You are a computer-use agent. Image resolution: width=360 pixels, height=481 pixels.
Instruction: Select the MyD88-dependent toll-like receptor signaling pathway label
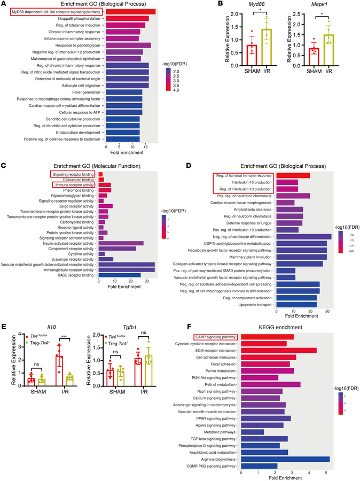pos(56,11)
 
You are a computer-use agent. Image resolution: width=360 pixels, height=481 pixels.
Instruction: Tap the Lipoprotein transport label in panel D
pos(254,305)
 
